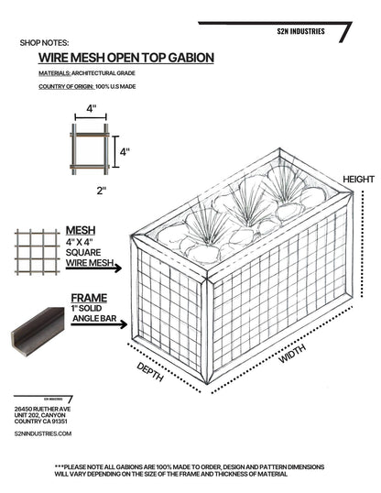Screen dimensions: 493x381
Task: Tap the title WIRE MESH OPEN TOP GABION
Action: click(120, 58)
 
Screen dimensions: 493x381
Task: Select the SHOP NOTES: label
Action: click(44, 42)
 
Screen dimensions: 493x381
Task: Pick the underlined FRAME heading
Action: click(83, 298)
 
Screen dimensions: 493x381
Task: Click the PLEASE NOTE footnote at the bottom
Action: click(190, 469)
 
